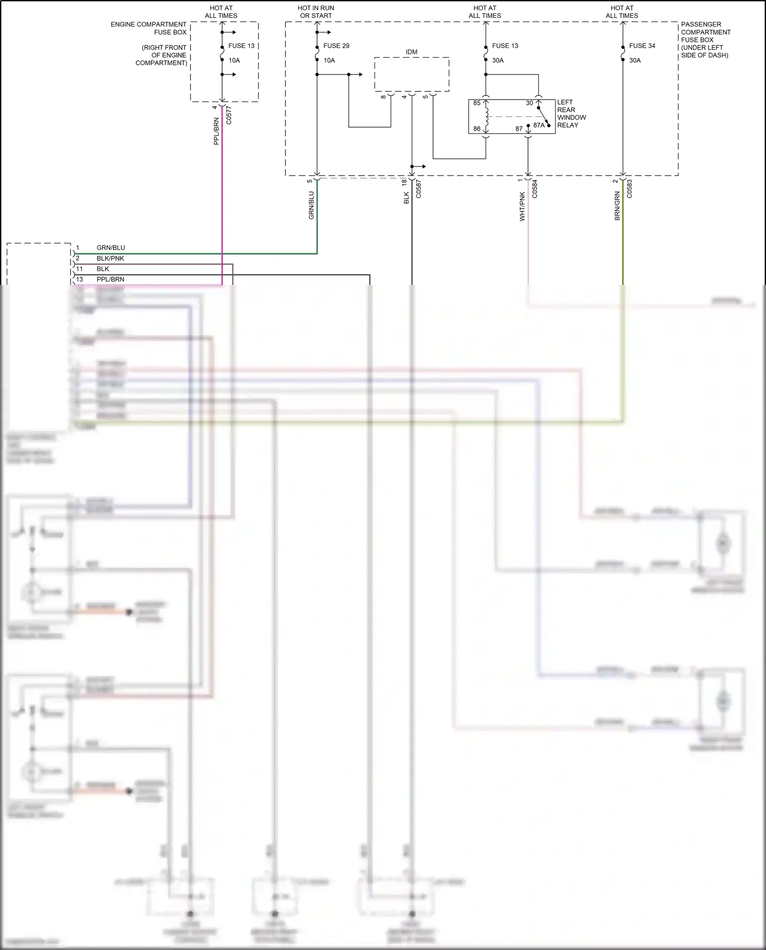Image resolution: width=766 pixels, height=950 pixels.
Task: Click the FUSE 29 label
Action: [x=336, y=46]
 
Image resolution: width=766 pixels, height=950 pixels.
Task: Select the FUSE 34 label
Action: [x=642, y=46]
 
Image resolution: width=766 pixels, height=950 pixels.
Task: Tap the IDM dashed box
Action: [x=412, y=75]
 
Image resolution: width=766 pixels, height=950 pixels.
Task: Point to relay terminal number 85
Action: [x=476, y=103]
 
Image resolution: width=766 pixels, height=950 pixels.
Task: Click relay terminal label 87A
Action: [x=539, y=125]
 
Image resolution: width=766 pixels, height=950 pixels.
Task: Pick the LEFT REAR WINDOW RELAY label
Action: [x=571, y=114]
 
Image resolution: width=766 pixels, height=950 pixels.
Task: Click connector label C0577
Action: [x=229, y=115]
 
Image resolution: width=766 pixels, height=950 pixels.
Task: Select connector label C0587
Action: [x=418, y=189]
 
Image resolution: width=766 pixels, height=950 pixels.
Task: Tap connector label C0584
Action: [x=535, y=189]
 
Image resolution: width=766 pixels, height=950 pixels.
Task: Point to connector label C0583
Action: [x=629, y=189]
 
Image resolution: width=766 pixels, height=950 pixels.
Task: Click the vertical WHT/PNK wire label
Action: [x=522, y=206]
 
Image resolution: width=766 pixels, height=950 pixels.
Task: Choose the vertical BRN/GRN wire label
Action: [x=617, y=206]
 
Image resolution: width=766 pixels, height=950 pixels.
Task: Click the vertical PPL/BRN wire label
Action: [x=216, y=131]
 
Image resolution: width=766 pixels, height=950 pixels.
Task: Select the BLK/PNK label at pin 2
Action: [x=110, y=258]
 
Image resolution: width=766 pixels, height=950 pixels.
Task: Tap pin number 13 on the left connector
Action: [x=79, y=279]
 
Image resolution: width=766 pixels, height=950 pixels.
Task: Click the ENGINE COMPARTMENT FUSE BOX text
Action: [x=149, y=28]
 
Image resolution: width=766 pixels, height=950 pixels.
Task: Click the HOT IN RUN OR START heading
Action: [x=316, y=12]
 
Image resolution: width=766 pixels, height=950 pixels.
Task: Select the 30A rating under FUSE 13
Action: [x=498, y=60]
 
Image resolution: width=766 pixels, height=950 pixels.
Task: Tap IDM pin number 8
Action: [x=384, y=97]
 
